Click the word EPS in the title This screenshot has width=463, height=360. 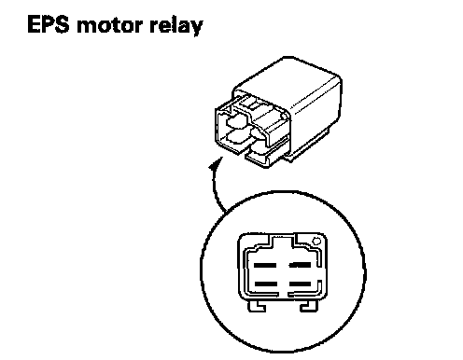49,24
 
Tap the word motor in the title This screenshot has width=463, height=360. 110,25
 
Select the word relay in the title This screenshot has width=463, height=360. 176,25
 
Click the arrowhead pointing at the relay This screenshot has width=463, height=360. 216,163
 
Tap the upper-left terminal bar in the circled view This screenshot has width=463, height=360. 265,265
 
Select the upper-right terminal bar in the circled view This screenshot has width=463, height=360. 300,265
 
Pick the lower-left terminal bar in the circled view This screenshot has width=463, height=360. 266,284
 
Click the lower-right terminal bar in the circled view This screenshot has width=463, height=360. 300,284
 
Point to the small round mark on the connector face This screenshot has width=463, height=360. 316,242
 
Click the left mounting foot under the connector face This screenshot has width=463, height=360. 257,306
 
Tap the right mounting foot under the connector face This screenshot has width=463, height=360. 309,306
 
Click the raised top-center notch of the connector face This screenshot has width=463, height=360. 283,240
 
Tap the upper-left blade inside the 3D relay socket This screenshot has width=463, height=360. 235,121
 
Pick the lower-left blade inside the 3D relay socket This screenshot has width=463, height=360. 237,137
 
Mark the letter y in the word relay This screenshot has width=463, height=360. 196,28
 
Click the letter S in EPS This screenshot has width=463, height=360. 61,24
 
